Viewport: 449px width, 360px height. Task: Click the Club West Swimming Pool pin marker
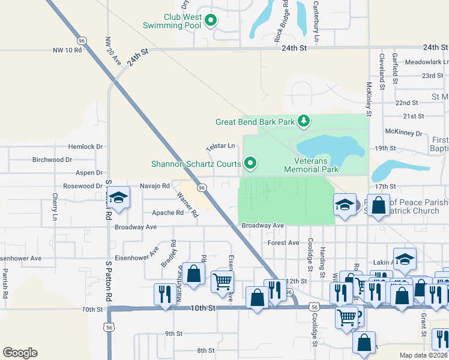tap(211, 21)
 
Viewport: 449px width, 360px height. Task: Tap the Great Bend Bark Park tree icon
tap(304, 122)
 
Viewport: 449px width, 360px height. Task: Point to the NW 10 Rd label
tap(67, 50)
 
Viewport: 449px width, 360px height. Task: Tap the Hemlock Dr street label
tap(86, 146)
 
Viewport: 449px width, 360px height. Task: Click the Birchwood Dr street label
tap(52, 160)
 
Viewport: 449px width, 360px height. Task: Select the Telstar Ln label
tap(220, 146)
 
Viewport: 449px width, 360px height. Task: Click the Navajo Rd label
tap(154, 186)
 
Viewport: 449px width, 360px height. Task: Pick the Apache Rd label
tap(167, 213)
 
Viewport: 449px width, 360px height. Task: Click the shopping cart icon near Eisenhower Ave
tap(222, 280)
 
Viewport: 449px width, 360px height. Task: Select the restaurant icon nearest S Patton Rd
tap(163, 293)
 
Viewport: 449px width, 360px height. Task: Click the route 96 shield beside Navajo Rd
tap(202, 188)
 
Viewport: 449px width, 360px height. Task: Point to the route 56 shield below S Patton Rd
tap(109, 328)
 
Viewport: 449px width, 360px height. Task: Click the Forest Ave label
tap(283, 243)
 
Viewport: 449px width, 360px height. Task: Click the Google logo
tap(20, 353)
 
